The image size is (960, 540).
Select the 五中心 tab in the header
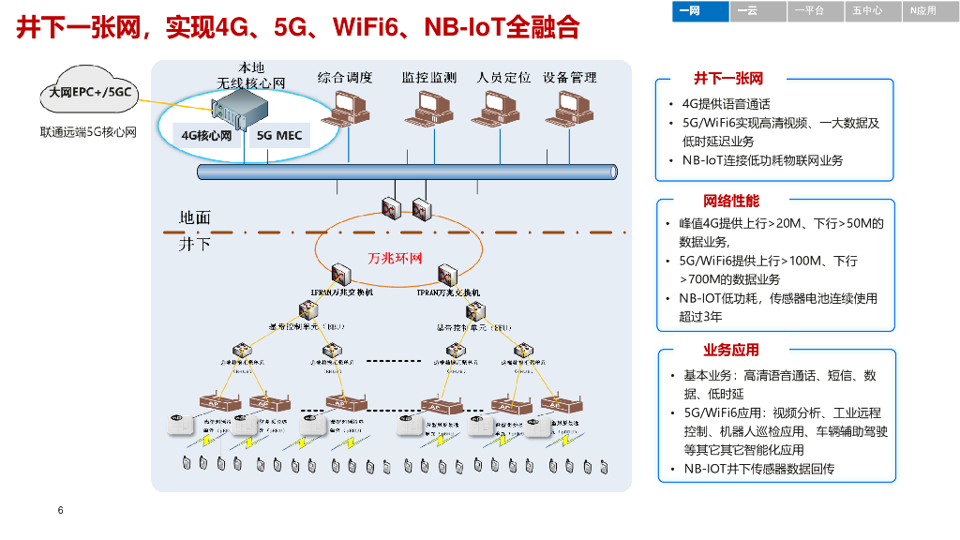tap(867, 10)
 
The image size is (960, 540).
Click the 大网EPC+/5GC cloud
tap(91, 92)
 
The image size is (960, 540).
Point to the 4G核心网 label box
tap(206, 136)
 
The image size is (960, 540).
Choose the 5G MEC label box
tap(279, 136)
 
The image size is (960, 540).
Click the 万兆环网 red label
tap(396, 258)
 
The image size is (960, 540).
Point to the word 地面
tap(195, 217)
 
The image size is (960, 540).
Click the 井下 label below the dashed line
tap(195, 245)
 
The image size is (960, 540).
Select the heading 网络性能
tap(731, 201)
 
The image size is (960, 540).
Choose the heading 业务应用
tap(731, 350)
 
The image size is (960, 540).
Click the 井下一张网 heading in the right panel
tap(728, 79)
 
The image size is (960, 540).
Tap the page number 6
tap(60, 511)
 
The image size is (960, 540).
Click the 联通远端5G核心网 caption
tap(88, 132)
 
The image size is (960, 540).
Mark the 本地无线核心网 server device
tap(232, 112)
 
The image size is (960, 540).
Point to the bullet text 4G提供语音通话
tap(726, 104)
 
